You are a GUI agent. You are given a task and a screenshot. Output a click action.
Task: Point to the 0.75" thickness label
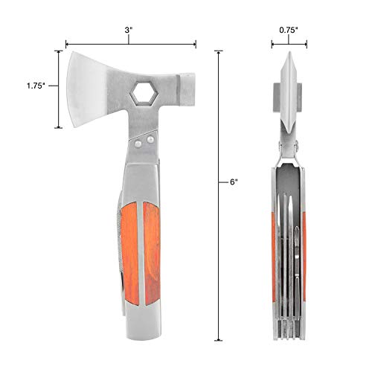289,31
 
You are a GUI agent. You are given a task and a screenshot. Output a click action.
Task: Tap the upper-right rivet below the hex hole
151,137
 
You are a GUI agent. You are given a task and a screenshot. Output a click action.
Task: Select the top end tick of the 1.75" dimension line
58,51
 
